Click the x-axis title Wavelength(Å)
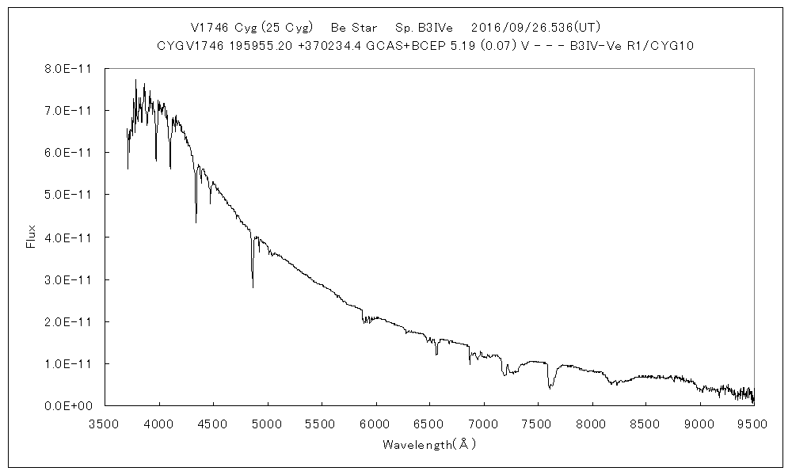point(428,444)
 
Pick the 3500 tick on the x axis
point(105,423)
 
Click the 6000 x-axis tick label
point(375,423)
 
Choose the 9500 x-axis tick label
point(753,423)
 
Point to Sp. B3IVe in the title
point(427,27)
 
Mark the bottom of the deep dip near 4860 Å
point(253,287)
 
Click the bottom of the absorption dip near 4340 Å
point(196,222)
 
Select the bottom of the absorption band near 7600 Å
point(549,388)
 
